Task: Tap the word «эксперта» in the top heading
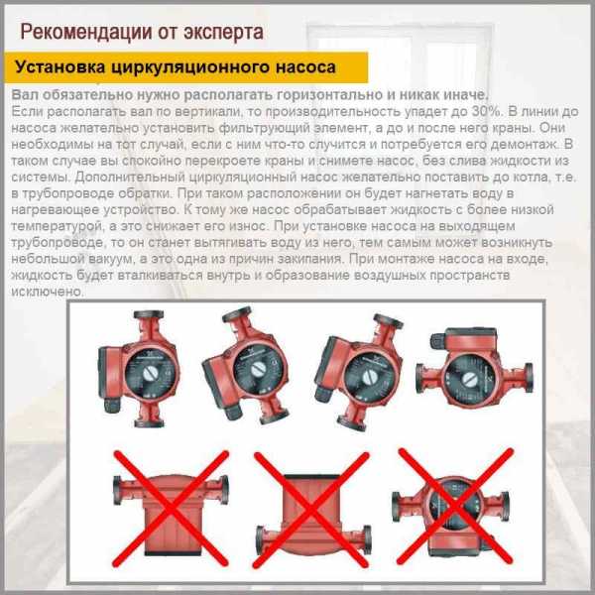point(223,33)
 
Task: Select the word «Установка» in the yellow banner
point(59,67)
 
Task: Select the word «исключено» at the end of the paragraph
point(47,292)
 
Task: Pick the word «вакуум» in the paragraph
point(111,259)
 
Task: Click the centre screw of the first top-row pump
point(151,375)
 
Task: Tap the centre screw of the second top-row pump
point(258,369)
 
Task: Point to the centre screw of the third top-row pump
point(367,378)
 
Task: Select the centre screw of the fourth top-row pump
point(469,379)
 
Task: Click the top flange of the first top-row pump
point(149,315)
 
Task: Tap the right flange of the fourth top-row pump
point(529,378)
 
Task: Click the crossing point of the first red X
point(172,508)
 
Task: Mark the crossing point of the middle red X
point(311,510)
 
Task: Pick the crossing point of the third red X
point(455,506)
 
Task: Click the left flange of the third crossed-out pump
point(396,507)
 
